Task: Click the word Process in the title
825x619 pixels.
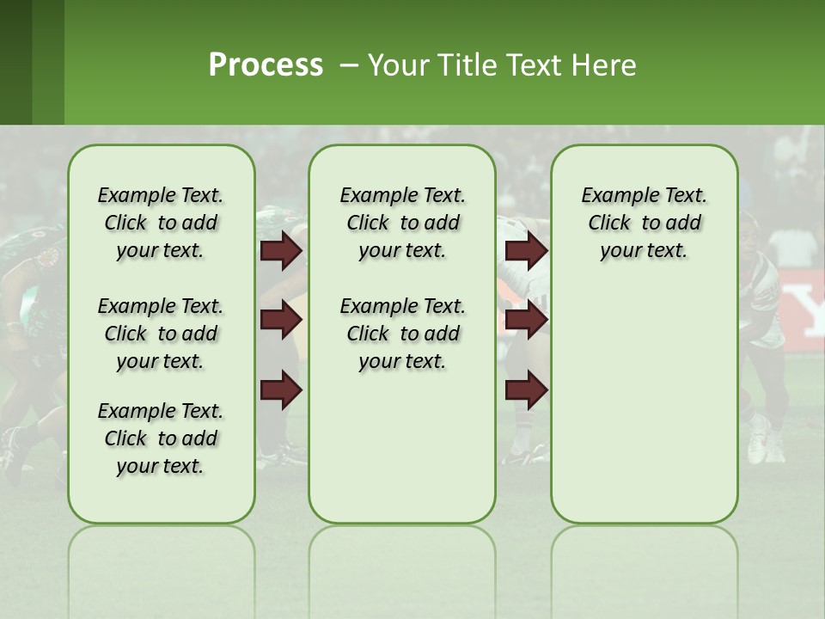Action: pos(266,65)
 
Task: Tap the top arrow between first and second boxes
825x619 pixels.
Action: pos(282,251)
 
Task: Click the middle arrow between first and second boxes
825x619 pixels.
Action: pos(282,321)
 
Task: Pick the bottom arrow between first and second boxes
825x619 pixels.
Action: pos(282,390)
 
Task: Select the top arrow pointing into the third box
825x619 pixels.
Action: pos(526,251)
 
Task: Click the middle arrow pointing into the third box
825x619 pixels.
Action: pos(526,321)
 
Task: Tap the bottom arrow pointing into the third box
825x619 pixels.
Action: pos(526,390)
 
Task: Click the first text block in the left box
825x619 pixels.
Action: pos(161,223)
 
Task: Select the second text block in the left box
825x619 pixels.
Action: pos(161,334)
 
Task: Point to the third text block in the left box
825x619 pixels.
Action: pos(161,438)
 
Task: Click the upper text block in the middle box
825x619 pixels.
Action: pos(402,223)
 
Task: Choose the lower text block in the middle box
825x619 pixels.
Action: pos(402,334)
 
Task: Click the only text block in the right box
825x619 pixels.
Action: pos(644,223)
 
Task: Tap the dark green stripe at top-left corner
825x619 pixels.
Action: pos(15,62)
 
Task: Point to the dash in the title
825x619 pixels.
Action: pos(349,65)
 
